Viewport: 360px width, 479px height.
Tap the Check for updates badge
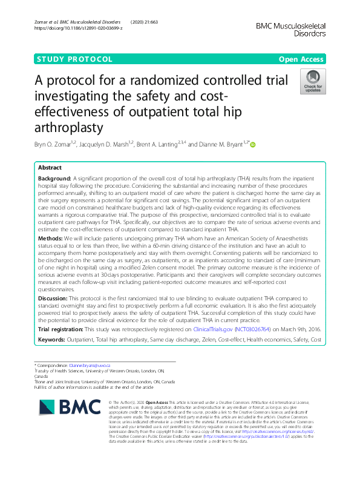313,82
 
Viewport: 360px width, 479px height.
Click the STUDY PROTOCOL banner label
74,59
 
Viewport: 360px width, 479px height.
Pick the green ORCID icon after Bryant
253,145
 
